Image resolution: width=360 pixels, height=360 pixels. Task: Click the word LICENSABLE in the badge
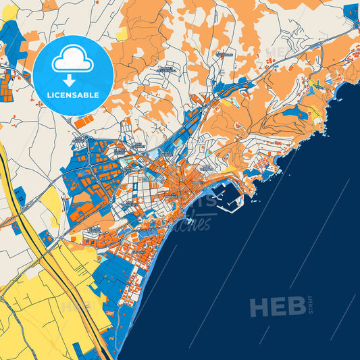tap(73, 95)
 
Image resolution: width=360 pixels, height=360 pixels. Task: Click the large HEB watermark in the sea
tap(277, 307)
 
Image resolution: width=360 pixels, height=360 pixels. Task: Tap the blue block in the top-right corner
tap(351, 11)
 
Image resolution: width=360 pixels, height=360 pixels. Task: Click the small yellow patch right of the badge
tap(122, 34)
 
